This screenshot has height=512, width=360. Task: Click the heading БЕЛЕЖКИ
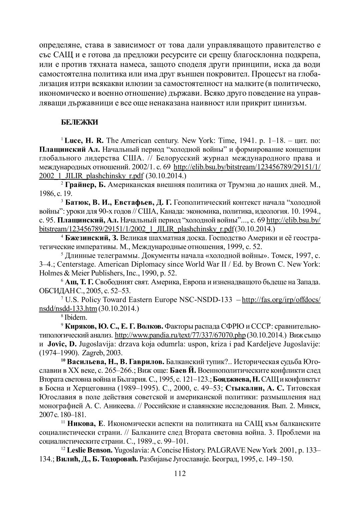tap(79, 123)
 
